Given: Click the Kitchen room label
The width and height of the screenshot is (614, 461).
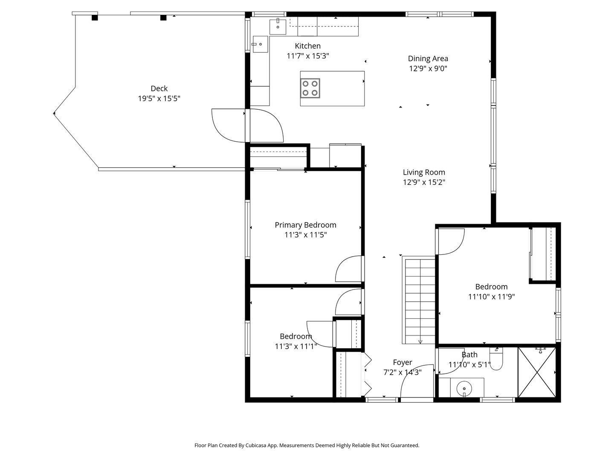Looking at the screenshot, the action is pyautogui.click(x=307, y=46).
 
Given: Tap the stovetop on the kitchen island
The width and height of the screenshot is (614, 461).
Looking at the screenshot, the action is pyautogui.click(x=310, y=88).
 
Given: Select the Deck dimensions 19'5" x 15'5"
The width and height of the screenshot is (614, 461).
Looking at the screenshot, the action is pyautogui.click(x=159, y=99).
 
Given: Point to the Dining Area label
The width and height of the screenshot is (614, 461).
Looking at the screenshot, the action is pyautogui.click(x=428, y=58).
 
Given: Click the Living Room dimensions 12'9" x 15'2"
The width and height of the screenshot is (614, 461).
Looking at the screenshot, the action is pyautogui.click(x=424, y=182).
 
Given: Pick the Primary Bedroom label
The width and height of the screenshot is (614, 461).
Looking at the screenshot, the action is pyautogui.click(x=305, y=225).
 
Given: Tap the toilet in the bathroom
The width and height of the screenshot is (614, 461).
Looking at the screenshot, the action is pyautogui.click(x=496, y=359).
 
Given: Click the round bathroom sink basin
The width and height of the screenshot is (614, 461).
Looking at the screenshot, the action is pyautogui.click(x=464, y=388).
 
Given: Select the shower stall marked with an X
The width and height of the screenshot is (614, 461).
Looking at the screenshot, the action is pyautogui.click(x=536, y=372).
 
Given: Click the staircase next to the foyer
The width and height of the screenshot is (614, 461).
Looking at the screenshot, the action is pyautogui.click(x=419, y=300).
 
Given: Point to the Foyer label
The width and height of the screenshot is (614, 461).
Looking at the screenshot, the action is pyautogui.click(x=402, y=362).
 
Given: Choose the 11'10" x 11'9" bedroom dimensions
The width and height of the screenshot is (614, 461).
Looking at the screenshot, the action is pyautogui.click(x=492, y=296).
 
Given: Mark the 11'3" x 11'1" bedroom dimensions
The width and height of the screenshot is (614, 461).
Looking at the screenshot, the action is pyautogui.click(x=295, y=346).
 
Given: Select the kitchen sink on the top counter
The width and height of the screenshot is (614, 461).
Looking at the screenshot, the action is pyautogui.click(x=278, y=27).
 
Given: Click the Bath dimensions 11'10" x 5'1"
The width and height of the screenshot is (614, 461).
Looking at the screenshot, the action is pyautogui.click(x=469, y=365).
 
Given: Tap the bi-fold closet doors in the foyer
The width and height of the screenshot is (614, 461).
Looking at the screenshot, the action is pyautogui.click(x=367, y=374).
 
